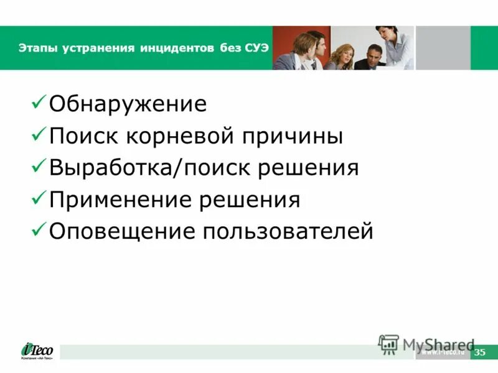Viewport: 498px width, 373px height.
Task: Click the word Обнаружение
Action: pyautogui.click(x=128, y=104)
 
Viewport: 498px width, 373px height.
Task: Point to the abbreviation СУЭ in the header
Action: pyautogui.click(x=255, y=48)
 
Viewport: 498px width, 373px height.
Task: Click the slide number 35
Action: pyautogui.click(x=479, y=352)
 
